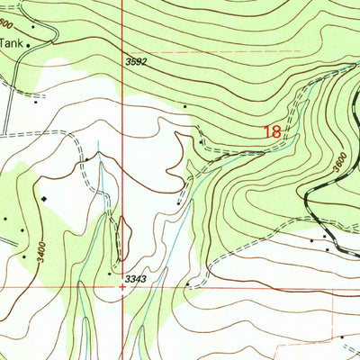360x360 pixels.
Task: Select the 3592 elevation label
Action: point(136,62)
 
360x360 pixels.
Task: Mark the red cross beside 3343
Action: point(123,288)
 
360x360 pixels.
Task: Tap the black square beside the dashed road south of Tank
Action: point(37,102)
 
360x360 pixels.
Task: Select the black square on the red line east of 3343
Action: point(187,284)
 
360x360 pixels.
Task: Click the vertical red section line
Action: point(123,135)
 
